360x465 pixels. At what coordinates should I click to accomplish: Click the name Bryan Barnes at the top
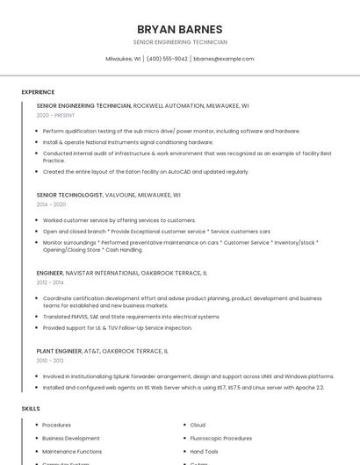pos(180,29)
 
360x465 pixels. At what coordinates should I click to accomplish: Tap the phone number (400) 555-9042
pos(167,59)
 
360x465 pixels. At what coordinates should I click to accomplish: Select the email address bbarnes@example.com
pos(224,59)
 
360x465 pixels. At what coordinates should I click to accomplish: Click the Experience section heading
pos(38,92)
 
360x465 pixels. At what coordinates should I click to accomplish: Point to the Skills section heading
pos(31,409)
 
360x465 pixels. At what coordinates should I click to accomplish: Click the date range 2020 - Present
pos(55,115)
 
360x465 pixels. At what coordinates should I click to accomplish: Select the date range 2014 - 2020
pos(51,204)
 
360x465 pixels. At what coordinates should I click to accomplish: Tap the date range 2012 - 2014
pos(50,283)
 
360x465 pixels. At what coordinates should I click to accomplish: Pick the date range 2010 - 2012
pos(50,361)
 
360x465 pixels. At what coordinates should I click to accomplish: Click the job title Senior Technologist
pos(68,195)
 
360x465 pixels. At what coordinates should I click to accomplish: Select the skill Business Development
pos(71,438)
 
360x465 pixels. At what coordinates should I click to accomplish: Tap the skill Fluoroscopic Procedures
pos(220,438)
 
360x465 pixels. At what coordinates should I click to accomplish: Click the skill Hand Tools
pos(205,451)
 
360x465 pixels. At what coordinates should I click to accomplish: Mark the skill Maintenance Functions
pos(72,451)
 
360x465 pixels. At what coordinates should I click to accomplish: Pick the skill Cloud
pos(198,425)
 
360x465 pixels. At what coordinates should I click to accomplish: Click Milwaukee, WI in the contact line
pos(123,59)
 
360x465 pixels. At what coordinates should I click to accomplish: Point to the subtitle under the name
pos(180,42)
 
